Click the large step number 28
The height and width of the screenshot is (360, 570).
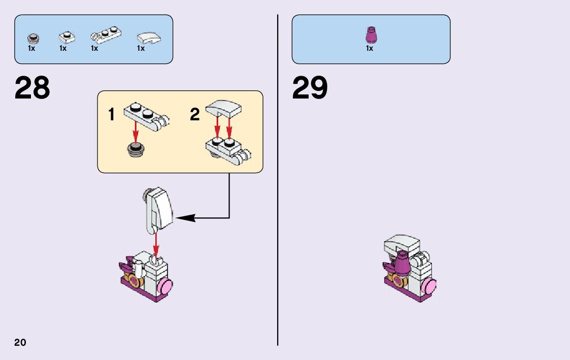point(32,88)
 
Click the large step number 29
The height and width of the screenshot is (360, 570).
point(310,88)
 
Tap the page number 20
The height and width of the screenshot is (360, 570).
point(20,342)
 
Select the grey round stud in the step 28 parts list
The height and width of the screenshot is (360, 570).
point(32,38)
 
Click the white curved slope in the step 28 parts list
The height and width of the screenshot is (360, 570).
point(149,38)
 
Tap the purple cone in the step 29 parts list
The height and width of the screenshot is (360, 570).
point(371,35)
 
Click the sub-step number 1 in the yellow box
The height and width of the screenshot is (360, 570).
point(112,115)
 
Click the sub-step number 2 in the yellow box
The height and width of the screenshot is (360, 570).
point(195,115)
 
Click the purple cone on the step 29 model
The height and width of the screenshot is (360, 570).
point(403,263)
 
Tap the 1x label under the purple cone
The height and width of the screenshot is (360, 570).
point(370,49)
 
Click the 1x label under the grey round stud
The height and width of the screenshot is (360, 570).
point(31,49)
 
